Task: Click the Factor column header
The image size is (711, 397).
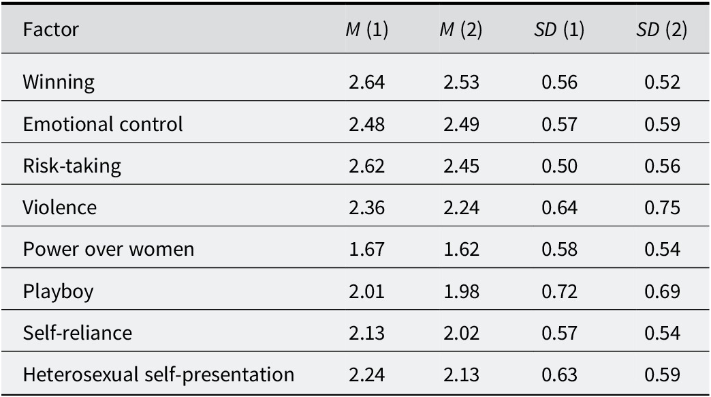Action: (51, 29)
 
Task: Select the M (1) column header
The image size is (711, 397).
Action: (367, 29)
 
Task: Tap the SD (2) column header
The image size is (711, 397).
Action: (661, 29)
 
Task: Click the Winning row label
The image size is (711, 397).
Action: (59, 83)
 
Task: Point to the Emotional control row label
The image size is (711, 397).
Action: (103, 124)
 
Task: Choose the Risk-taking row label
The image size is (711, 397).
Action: (72, 166)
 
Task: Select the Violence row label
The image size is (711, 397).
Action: (59, 207)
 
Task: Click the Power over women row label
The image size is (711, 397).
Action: (108, 250)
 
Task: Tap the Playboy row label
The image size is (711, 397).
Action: (58, 292)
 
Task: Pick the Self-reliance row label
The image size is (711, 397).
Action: (78, 333)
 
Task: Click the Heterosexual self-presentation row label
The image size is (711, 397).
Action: (159, 374)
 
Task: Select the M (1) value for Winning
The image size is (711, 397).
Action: (367, 83)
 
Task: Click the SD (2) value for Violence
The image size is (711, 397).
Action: (662, 207)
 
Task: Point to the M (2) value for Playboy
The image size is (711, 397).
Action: (461, 291)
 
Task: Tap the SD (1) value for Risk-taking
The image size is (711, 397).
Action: (560, 166)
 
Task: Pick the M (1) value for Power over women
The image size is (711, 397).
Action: (367, 250)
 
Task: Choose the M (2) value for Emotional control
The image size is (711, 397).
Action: (461, 124)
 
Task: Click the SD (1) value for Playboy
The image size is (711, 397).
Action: (560, 291)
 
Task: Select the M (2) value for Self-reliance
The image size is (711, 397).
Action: (461, 333)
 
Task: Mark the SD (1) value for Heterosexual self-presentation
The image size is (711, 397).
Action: (560, 374)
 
